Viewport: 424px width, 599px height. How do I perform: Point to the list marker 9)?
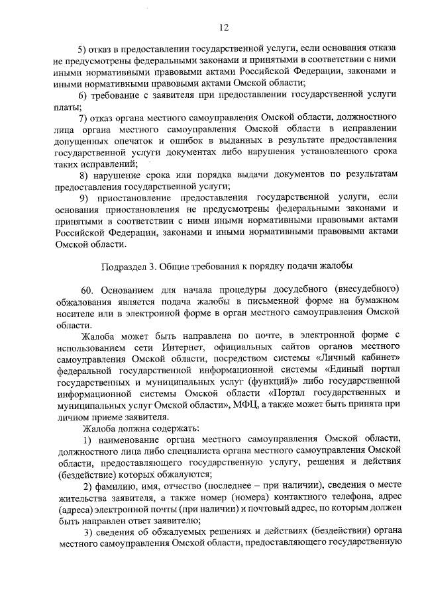83,198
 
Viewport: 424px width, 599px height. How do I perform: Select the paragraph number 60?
88,290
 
